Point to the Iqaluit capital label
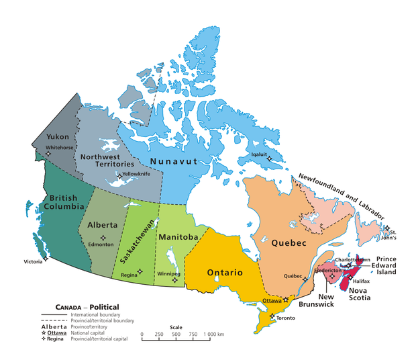[x=260, y=152]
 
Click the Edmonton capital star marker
[x=103, y=238]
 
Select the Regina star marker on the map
[x=140, y=271]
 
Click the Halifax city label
[x=361, y=281]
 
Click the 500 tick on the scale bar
[x=176, y=334]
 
